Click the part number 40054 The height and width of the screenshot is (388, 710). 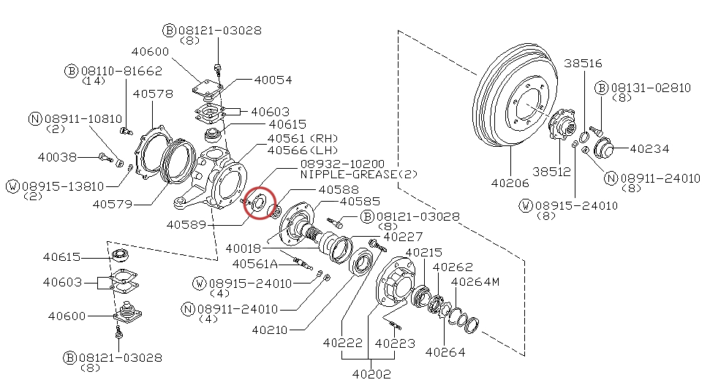click(x=273, y=80)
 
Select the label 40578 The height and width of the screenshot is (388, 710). click(x=153, y=94)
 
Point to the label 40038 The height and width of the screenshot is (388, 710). click(x=57, y=157)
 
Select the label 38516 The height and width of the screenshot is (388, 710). click(x=583, y=64)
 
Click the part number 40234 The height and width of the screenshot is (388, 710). click(x=649, y=149)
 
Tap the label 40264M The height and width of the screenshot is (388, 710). click(x=475, y=282)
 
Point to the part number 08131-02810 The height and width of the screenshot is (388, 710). click(x=651, y=88)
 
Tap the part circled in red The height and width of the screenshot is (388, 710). click(x=258, y=202)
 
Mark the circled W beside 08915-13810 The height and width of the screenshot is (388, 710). click(x=12, y=186)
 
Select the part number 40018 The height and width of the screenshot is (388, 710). click(x=243, y=248)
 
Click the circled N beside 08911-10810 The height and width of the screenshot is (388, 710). click(x=35, y=118)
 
